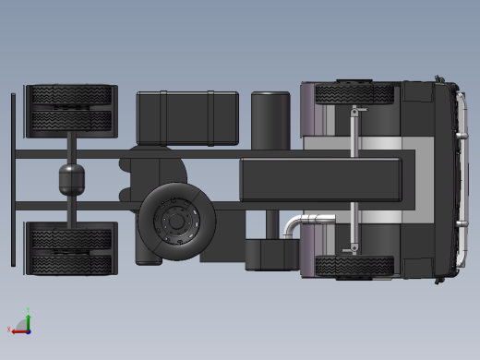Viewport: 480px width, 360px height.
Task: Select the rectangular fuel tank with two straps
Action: pyautogui.click(x=187, y=117)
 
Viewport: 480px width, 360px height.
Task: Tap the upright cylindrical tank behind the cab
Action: pyautogui.click(x=270, y=120)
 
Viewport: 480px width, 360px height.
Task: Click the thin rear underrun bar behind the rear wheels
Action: pyautogui.click(x=13, y=180)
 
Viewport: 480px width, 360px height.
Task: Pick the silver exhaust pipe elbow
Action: pyautogui.click(x=294, y=224)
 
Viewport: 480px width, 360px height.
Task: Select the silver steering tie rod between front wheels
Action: pyautogui.click(x=354, y=180)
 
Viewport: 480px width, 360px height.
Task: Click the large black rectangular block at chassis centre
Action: pyautogui.click(x=320, y=178)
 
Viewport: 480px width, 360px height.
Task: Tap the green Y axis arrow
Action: pyautogui.click(x=29, y=316)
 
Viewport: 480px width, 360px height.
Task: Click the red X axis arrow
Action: pyautogui.click(x=18, y=329)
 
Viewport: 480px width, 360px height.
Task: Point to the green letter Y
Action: pyautogui.click(x=30, y=309)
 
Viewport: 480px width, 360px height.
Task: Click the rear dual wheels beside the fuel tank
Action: pyautogui.click(x=71, y=109)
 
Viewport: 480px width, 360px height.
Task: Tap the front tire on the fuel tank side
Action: pyautogui.click(x=355, y=93)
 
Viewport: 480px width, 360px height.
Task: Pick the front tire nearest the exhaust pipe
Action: pyautogui.click(x=355, y=266)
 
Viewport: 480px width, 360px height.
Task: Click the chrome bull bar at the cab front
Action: pyautogui.click(x=458, y=180)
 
